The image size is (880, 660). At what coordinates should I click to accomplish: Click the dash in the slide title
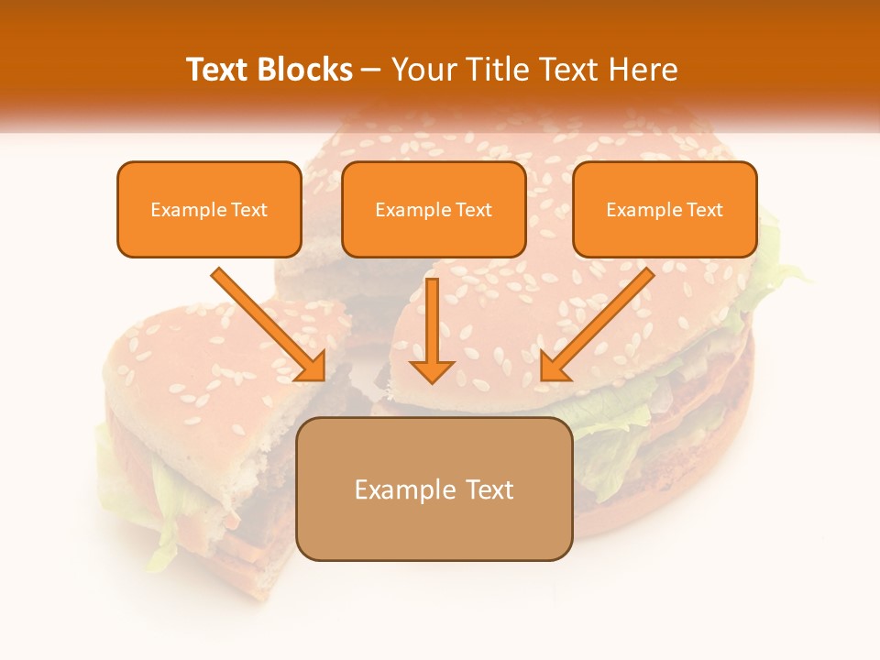click(x=372, y=71)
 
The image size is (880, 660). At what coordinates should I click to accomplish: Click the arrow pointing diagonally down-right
click(x=271, y=325)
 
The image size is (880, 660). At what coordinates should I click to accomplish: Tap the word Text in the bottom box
click(x=489, y=489)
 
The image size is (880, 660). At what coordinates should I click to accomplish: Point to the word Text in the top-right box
click(x=704, y=210)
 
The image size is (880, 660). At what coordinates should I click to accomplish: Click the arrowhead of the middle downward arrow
click(x=432, y=370)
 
